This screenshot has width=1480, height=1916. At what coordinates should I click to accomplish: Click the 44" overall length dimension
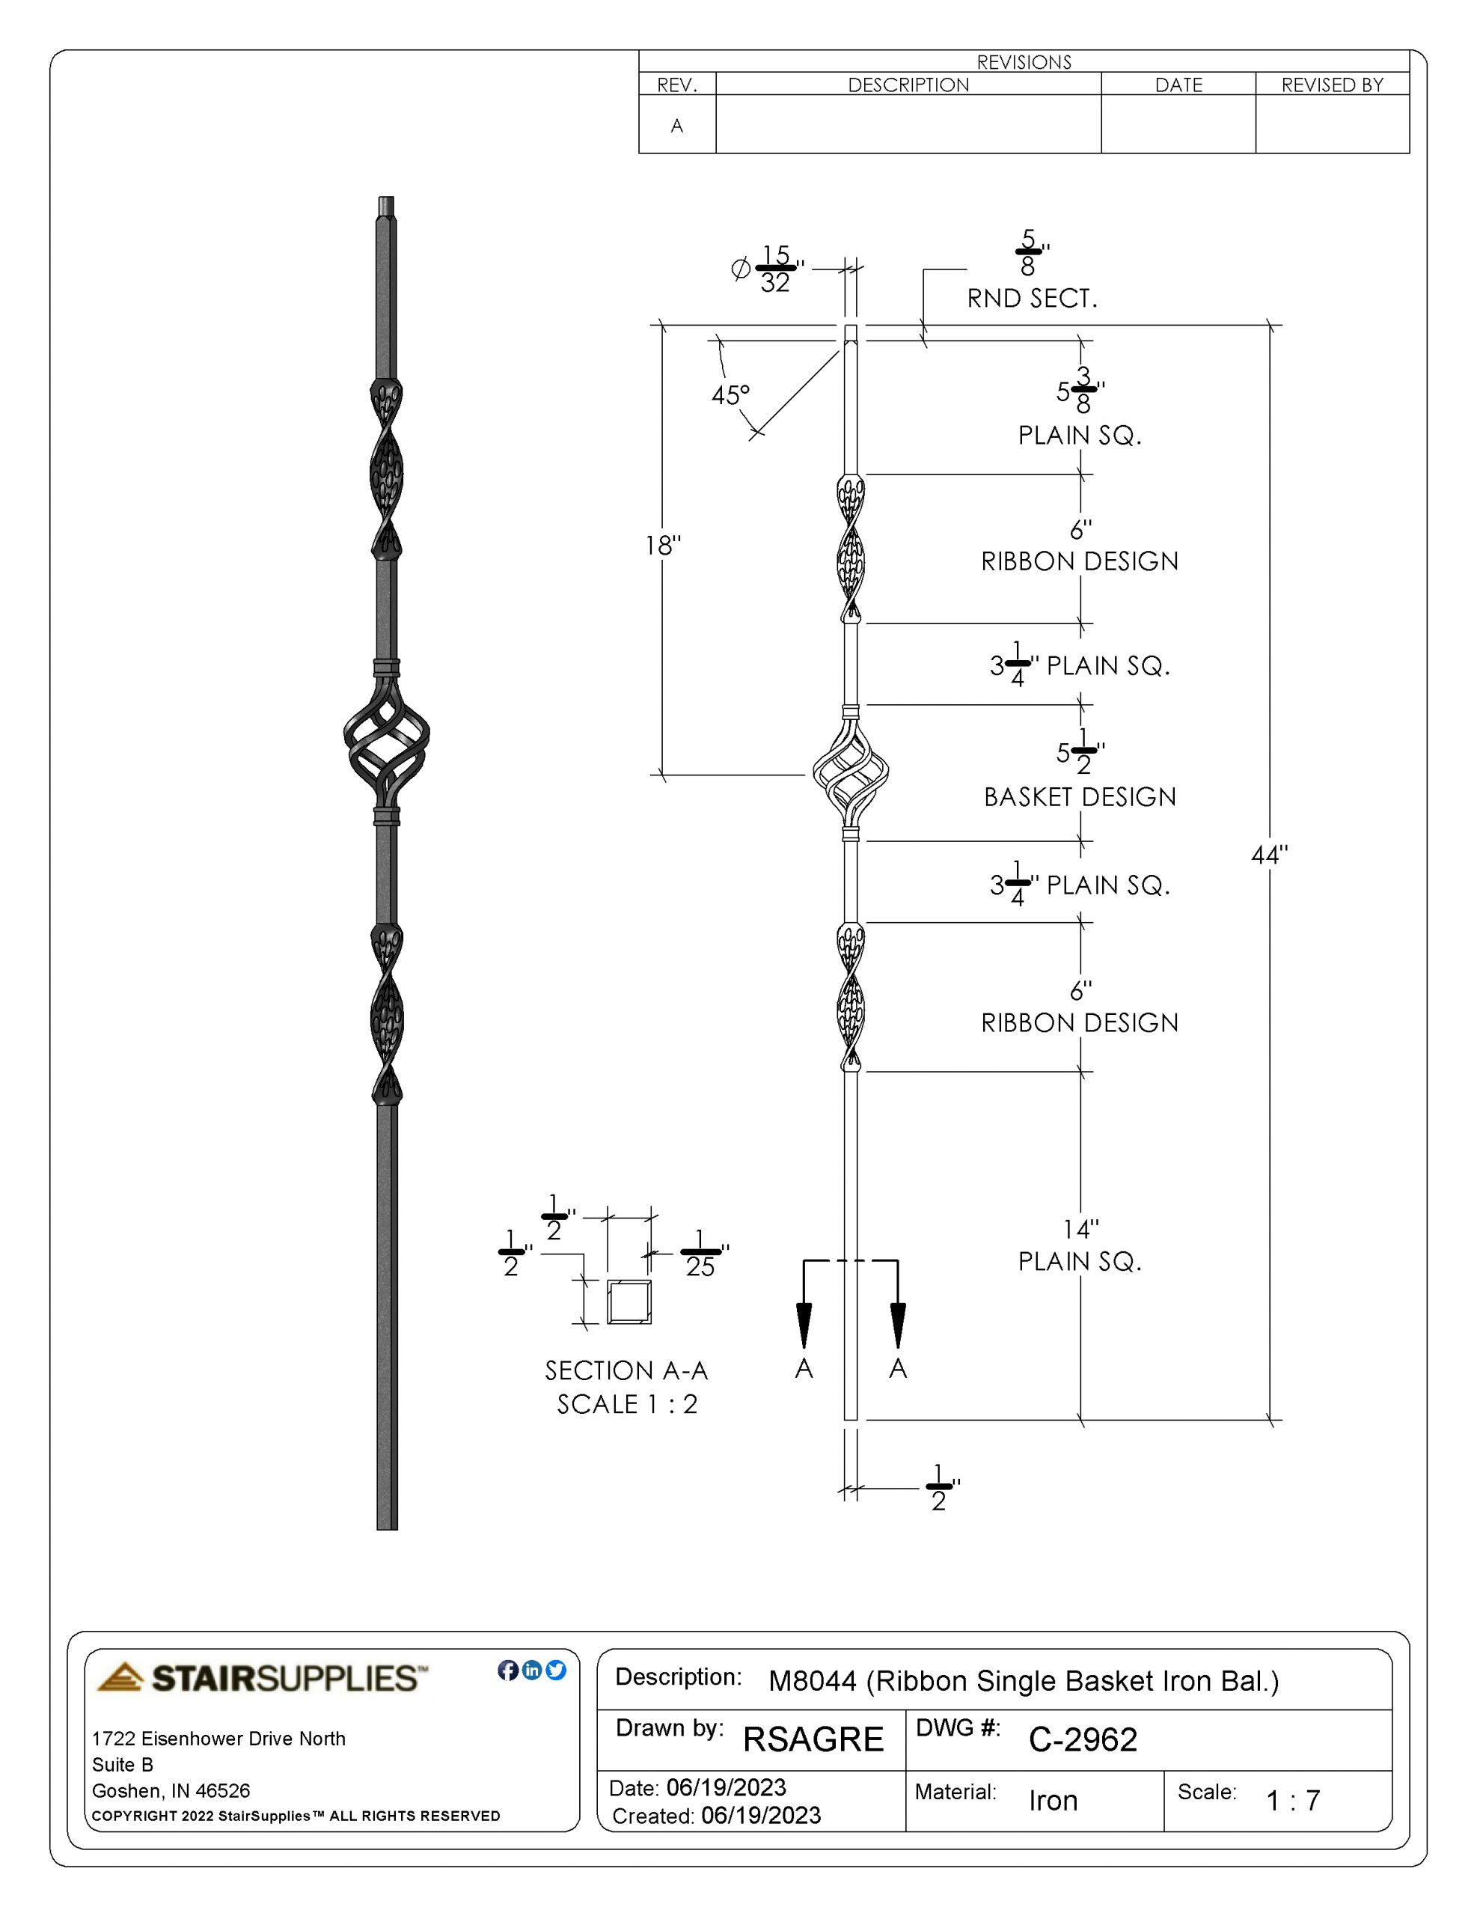tap(1268, 855)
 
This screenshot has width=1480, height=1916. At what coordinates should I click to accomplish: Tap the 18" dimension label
tap(662, 546)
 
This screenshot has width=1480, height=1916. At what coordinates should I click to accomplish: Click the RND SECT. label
tap(1032, 299)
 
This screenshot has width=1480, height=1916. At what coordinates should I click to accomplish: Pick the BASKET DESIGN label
tap(1079, 797)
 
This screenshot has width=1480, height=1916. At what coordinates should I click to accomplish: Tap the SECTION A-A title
tap(626, 1370)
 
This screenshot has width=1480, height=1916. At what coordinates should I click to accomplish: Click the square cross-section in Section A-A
tap(629, 1301)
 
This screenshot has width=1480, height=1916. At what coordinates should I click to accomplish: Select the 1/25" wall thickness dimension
tap(700, 1254)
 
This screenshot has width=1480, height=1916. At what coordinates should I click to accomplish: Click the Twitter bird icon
tap(555, 1671)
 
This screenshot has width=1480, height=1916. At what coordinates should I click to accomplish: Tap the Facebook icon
tap(507, 1671)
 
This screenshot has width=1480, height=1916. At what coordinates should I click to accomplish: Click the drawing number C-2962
tap(1083, 1739)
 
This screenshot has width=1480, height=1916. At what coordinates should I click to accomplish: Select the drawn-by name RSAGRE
tap(813, 1739)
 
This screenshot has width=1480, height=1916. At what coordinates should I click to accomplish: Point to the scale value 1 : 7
tap(1292, 1800)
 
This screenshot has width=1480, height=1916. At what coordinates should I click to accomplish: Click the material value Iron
tap(1053, 1800)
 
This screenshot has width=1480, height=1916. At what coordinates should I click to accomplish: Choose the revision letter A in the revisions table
tap(676, 126)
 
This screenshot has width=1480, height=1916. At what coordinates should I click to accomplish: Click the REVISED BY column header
tap(1332, 85)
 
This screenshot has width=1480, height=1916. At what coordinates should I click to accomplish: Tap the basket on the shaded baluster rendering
tap(387, 743)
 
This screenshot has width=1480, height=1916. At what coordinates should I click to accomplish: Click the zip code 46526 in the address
tap(222, 1790)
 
